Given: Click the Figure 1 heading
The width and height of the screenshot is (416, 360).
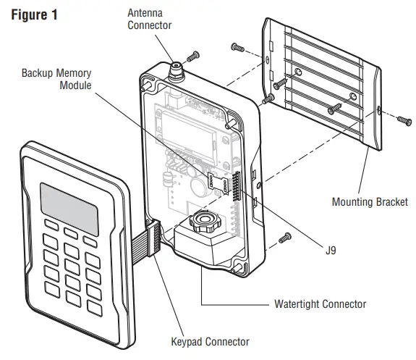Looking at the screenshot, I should pyautogui.click(x=34, y=14).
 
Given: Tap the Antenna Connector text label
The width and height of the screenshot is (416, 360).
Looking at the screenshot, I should pyautogui.click(x=150, y=20).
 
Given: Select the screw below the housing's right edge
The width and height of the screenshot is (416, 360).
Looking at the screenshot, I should pyautogui.click(x=284, y=237).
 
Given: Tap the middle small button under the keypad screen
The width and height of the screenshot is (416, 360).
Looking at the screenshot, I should pyautogui.click(x=71, y=233).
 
